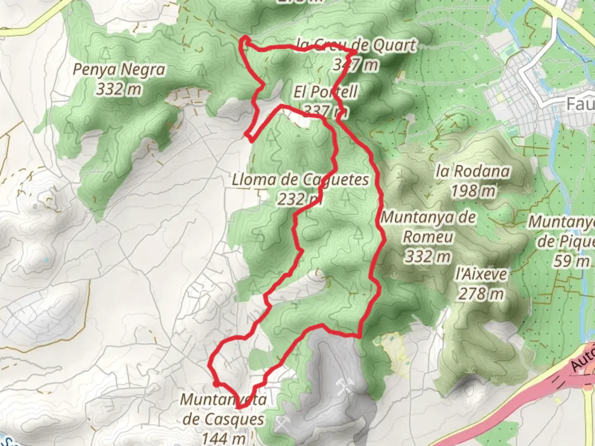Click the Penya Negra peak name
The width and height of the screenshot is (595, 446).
pyautogui.click(x=119, y=69)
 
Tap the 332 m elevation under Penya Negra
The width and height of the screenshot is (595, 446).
pyautogui.click(x=119, y=89)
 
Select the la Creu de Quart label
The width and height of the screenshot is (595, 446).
pyautogui.click(x=356, y=45)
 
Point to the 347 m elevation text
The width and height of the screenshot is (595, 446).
pyautogui.click(x=355, y=64)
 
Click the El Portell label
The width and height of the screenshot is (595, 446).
pyautogui.click(x=326, y=92)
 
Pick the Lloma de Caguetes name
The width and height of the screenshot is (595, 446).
pyautogui.click(x=300, y=180)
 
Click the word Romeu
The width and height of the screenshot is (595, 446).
pyautogui.click(x=428, y=237)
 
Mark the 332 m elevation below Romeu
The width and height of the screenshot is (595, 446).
pyautogui.click(x=427, y=257)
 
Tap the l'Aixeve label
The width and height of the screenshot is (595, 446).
pyautogui.click(x=481, y=274)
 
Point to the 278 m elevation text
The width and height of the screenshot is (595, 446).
pyautogui.click(x=481, y=294)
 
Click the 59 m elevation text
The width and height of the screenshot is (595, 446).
pyautogui.click(x=572, y=261)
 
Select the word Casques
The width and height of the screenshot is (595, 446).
pyautogui.click(x=223, y=419)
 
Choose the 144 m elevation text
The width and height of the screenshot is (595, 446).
pyautogui.click(x=224, y=437)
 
